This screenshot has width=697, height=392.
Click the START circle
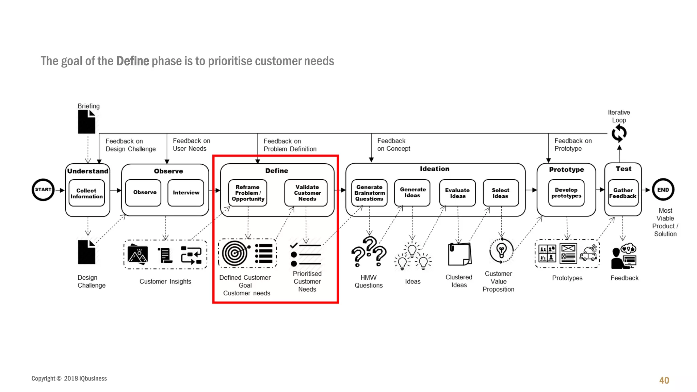(43, 190)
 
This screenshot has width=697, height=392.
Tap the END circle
(663, 190)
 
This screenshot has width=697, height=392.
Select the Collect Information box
(86, 193)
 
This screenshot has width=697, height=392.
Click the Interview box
(186, 193)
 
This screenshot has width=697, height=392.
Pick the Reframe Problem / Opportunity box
(248, 193)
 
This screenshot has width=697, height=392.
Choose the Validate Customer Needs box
(306, 193)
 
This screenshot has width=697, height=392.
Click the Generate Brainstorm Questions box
(369, 193)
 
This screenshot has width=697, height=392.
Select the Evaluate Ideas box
(457, 193)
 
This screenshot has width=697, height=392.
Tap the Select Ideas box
(501, 193)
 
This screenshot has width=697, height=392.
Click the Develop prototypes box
(566, 193)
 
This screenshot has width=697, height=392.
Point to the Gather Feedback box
(623, 193)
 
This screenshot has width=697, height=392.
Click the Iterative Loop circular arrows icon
(619, 133)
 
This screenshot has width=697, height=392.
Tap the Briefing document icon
(87, 122)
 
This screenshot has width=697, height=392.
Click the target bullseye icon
(235, 253)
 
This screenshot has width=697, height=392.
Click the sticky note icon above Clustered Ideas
(459, 254)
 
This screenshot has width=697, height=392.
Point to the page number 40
(664, 380)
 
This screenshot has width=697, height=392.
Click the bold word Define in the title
(132, 61)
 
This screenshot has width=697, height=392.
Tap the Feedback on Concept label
(393, 145)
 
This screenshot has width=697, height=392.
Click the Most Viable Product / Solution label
(665, 222)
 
